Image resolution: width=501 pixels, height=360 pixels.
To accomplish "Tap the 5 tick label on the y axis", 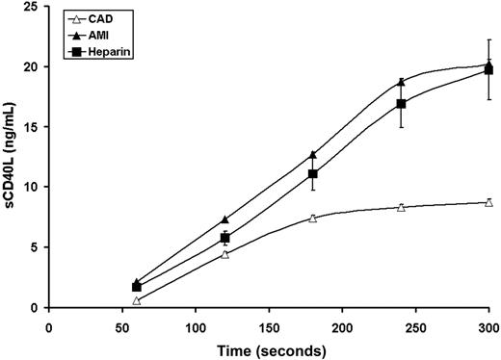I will point(35,247).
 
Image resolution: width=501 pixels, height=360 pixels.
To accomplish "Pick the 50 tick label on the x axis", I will point(122,324).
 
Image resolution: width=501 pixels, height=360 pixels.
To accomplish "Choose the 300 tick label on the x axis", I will point(489,324).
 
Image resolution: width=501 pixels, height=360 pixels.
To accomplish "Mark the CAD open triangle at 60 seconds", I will point(137,300).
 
